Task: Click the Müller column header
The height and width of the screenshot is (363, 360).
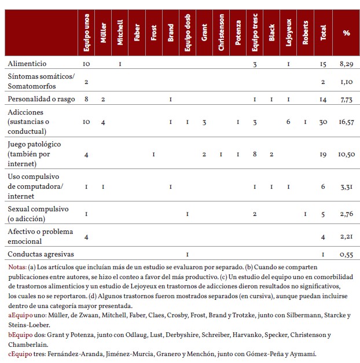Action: [x=103, y=33]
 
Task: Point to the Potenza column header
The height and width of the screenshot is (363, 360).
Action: [x=238, y=33]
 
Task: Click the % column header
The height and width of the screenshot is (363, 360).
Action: [x=346, y=33]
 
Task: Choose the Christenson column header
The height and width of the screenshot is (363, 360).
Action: [x=221, y=33]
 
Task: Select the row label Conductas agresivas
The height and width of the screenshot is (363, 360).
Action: [x=41, y=254]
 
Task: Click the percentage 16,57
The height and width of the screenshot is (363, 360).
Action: [x=346, y=122]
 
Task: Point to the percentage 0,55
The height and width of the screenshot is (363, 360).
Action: [x=346, y=254]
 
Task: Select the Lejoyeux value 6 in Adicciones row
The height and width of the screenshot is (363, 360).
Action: [x=288, y=122]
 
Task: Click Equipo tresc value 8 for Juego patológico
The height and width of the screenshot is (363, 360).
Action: [x=255, y=155]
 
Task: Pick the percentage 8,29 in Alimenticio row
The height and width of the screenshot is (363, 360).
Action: [x=346, y=64]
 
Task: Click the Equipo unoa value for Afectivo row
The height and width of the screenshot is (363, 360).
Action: [x=86, y=236]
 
